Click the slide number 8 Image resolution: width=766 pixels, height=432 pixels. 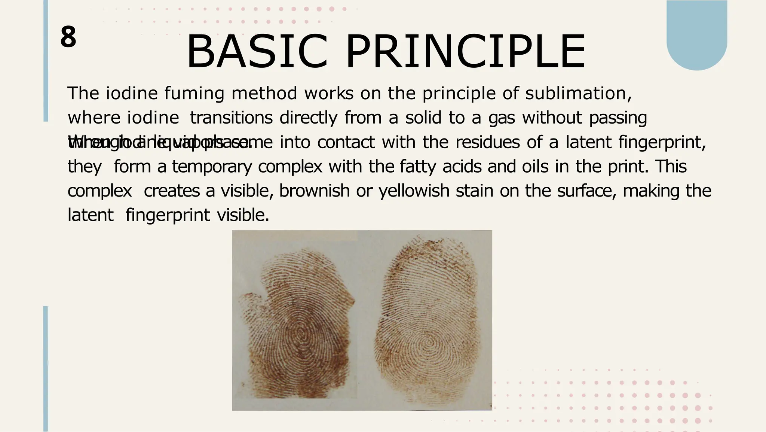68,37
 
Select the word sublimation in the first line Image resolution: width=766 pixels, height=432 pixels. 578,93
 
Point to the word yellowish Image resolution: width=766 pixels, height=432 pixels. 414,191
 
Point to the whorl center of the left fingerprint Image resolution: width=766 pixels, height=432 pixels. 301,333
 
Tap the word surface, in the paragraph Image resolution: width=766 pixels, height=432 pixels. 586,191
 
